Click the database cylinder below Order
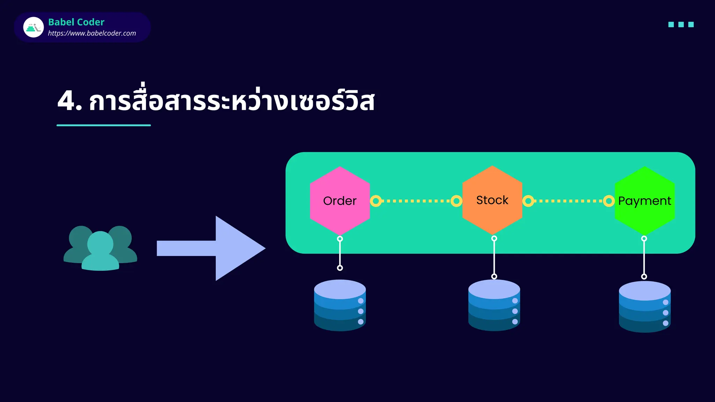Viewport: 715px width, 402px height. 340,305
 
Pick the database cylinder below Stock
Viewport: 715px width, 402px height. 494,305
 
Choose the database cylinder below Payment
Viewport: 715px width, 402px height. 644,307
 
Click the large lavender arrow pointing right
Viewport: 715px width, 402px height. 216,248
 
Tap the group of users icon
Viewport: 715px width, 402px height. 100,248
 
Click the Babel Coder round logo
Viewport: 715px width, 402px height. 34,27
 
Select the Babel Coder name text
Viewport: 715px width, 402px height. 76,22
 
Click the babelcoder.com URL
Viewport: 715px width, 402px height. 92,33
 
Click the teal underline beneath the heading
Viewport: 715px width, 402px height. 104,125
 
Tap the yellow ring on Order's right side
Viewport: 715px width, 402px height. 376,201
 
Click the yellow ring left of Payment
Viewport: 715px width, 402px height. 609,201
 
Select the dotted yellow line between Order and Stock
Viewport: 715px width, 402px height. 416,201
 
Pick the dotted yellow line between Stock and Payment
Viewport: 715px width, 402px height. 568,201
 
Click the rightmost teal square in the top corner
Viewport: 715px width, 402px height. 691,24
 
